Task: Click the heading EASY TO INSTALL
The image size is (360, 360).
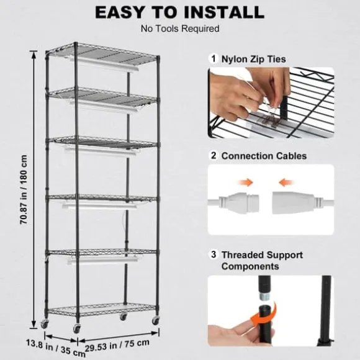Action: [x=179, y=12]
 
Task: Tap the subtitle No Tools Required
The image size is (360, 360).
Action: [x=179, y=29]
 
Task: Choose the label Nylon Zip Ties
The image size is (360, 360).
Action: [x=253, y=58]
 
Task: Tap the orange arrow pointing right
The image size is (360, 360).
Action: [x=247, y=182]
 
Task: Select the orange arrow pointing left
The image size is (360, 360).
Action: [x=286, y=182]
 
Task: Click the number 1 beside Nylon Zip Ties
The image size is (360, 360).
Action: [x=213, y=58]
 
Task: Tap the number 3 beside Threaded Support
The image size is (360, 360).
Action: [x=213, y=255]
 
